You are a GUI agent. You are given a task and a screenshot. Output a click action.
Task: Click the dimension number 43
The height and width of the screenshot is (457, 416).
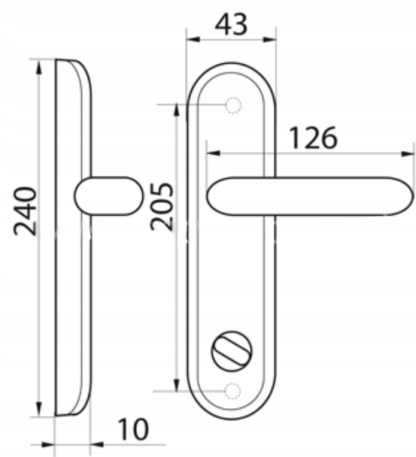pos(231,25)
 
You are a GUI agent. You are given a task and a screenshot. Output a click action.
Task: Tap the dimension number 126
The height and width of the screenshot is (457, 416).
pos(313,138)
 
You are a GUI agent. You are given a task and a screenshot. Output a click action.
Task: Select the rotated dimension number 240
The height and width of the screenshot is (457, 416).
pos(26,211)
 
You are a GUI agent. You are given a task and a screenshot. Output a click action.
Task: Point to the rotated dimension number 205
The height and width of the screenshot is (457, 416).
pos(162,207)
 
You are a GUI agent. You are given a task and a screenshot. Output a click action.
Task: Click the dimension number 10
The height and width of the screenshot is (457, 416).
pos(133,429)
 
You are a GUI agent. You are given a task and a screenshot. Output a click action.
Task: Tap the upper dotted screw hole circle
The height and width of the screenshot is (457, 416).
pos(233,105)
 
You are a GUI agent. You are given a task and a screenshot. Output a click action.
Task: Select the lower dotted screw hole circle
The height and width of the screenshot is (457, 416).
pos(232,391)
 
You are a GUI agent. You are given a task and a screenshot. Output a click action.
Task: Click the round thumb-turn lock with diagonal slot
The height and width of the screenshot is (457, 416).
pos(232,351)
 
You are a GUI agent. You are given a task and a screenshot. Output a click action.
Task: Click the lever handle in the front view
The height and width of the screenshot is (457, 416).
pos(311,196)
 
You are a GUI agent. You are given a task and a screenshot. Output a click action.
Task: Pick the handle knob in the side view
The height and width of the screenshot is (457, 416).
pos(109,196)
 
